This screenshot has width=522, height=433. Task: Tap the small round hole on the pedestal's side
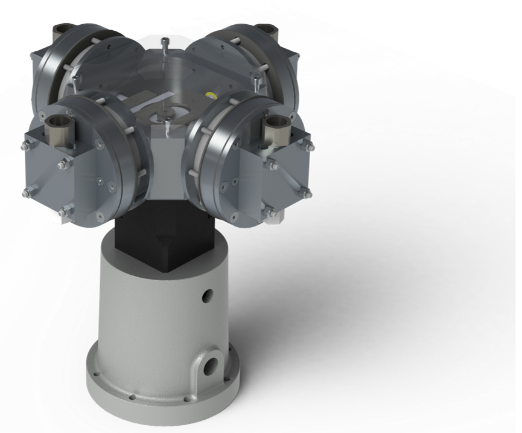(x=208, y=295)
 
